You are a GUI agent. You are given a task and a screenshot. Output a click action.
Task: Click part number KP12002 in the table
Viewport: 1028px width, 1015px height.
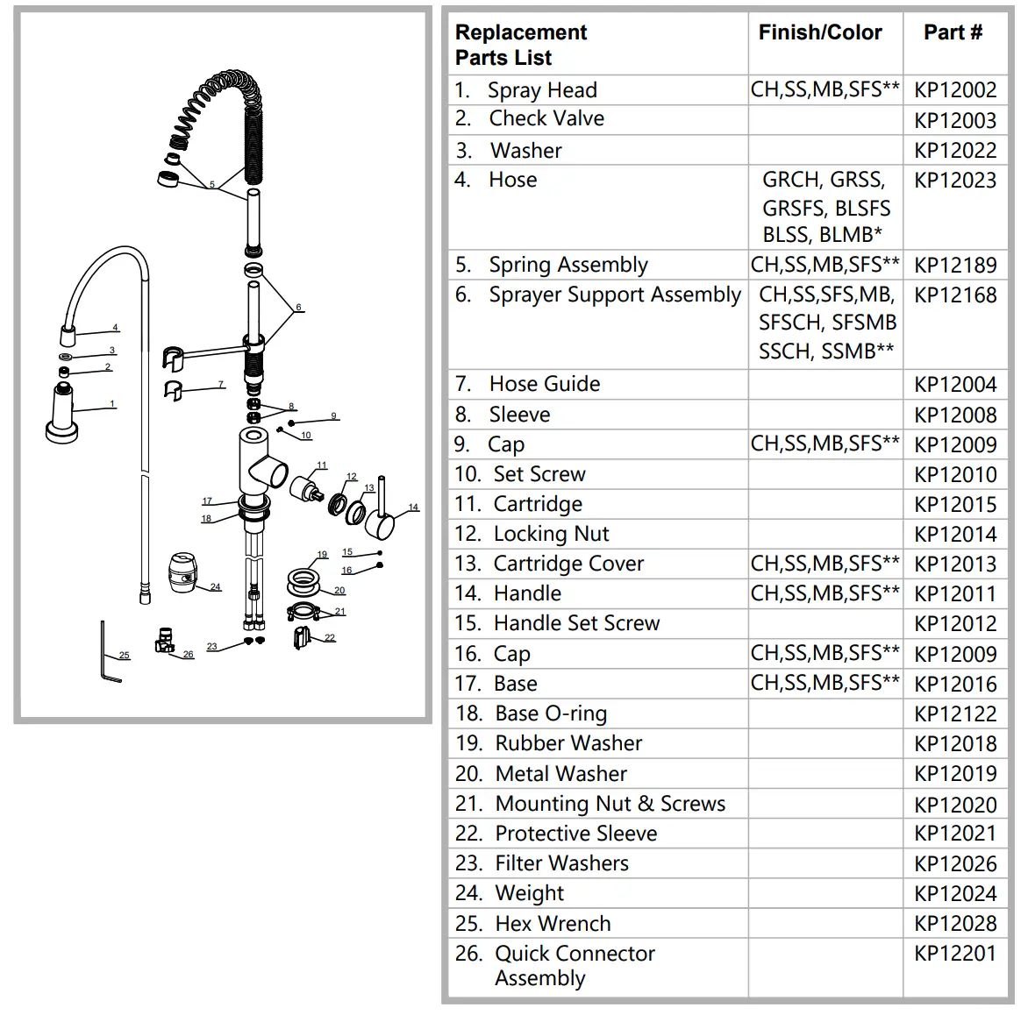click(x=954, y=90)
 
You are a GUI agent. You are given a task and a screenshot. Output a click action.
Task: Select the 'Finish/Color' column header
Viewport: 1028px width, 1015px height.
click(x=819, y=33)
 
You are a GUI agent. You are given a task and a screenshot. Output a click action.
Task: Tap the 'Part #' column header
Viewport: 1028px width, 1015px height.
click(x=953, y=33)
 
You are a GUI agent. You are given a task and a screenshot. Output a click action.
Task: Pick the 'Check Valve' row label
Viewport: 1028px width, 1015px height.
click(x=546, y=119)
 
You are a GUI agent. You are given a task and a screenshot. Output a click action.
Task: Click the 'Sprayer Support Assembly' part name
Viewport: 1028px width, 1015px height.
click(x=614, y=295)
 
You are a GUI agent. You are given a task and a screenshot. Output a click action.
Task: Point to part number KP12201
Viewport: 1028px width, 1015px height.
click(x=954, y=954)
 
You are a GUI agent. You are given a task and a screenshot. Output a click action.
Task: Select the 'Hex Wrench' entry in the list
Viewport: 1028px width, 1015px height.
click(x=553, y=924)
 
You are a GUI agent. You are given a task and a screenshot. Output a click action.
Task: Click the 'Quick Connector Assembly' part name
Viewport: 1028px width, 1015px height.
click(x=574, y=966)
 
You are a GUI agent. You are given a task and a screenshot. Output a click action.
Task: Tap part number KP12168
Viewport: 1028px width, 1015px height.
click(x=954, y=295)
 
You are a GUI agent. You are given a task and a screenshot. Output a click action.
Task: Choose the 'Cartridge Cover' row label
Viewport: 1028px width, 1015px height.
click(x=568, y=564)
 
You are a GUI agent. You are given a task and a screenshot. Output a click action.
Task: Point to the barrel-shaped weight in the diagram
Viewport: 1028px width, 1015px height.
click(x=185, y=573)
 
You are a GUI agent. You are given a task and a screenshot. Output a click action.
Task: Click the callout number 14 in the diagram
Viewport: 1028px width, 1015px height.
click(x=413, y=507)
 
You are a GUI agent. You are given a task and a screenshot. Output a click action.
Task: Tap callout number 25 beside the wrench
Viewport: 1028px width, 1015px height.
click(x=124, y=656)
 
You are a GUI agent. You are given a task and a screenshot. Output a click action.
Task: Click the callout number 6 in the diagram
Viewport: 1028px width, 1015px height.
click(x=299, y=308)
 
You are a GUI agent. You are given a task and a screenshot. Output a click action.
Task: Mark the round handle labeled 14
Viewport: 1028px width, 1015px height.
click(x=381, y=524)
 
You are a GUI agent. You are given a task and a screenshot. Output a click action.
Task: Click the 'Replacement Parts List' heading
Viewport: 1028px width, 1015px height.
click(x=520, y=46)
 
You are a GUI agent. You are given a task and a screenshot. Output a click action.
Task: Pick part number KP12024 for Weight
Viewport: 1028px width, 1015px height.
click(x=954, y=894)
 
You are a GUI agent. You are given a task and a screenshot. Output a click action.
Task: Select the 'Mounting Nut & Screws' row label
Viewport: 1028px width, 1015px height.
click(x=610, y=804)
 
